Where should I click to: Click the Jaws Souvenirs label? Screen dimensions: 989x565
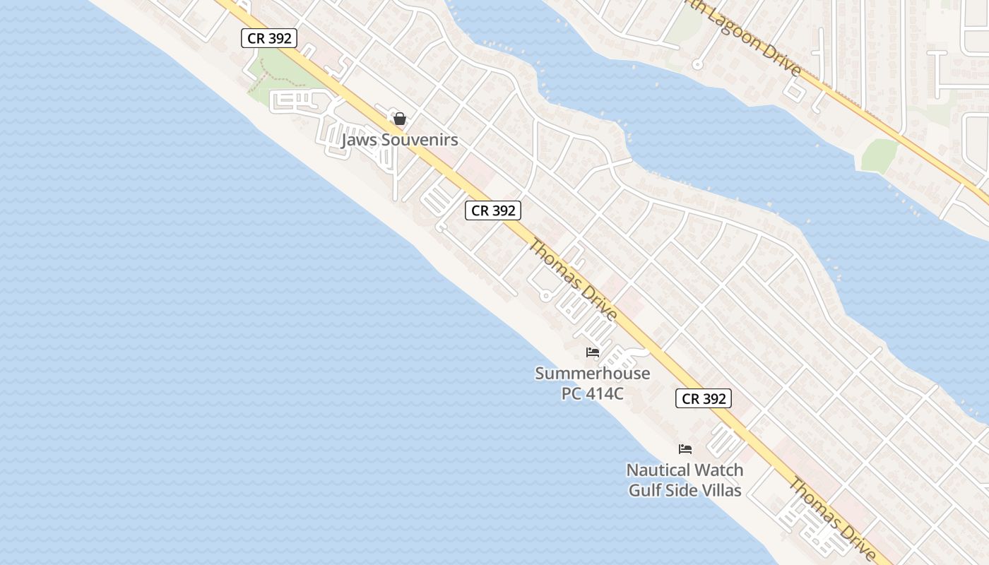click(x=400, y=140)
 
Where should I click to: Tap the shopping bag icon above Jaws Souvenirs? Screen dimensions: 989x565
click(x=400, y=118)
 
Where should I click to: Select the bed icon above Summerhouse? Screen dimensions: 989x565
click(x=592, y=352)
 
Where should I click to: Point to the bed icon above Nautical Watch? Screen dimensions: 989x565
click(x=685, y=448)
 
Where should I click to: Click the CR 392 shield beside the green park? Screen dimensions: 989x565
click(x=269, y=38)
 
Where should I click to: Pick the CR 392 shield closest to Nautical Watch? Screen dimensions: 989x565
click(x=704, y=398)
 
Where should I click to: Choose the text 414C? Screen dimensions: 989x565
click(x=605, y=393)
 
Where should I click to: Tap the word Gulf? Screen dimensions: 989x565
click(x=645, y=489)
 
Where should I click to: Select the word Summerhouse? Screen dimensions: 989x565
click(x=592, y=373)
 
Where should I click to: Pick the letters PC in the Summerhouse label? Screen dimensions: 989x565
click(x=572, y=393)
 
